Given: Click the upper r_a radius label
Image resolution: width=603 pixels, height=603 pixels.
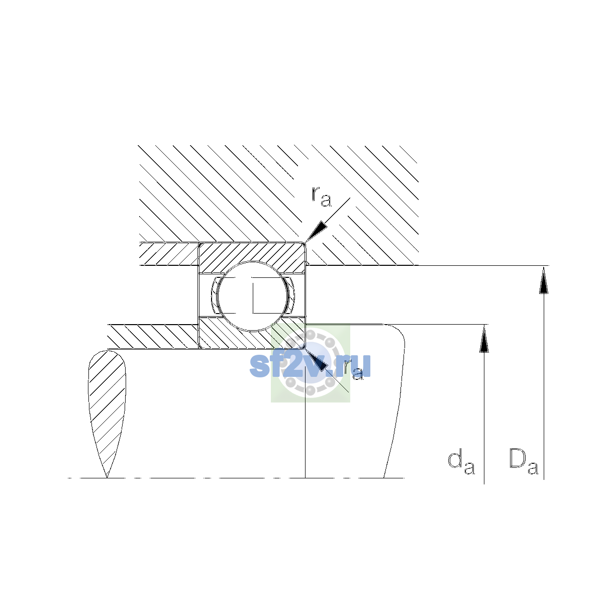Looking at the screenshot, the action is pyautogui.click(x=321, y=196).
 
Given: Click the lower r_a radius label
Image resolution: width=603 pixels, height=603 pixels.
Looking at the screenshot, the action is pyautogui.click(x=353, y=369).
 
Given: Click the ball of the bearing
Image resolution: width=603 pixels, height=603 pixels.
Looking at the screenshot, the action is pyautogui.click(x=252, y=295).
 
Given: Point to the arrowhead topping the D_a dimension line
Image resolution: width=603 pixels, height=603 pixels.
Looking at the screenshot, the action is pyautogui.click(x=544, y=279).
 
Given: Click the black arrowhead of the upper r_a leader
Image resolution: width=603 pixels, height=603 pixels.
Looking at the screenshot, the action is pyautogui.click(x=316, y=231).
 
